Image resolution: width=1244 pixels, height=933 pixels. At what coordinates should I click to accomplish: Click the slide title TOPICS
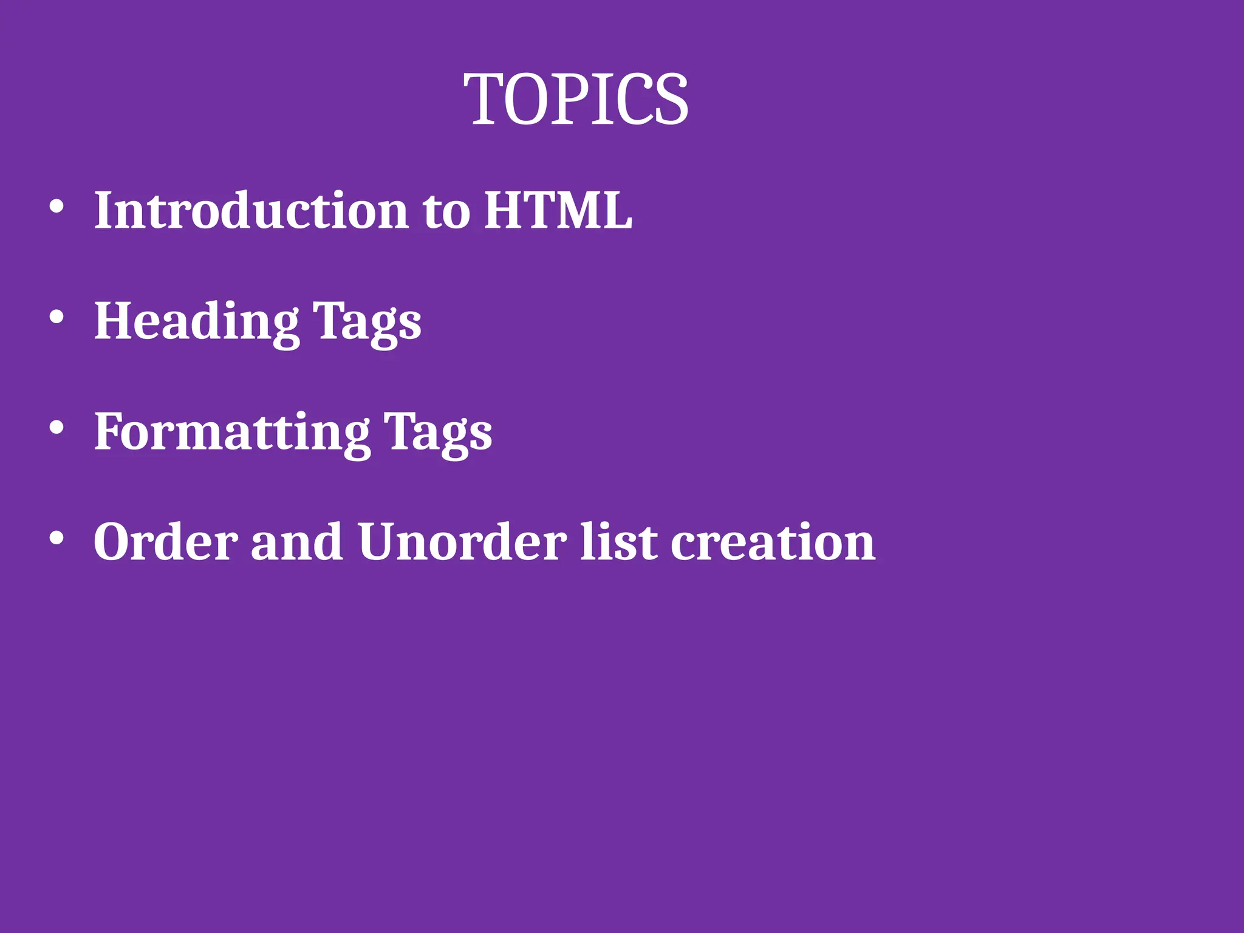(x=576, y=99)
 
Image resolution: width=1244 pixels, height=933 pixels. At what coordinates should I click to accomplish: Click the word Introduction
(x=251, y=210)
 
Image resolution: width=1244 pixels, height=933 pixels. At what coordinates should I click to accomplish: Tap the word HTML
(x=558, y=210)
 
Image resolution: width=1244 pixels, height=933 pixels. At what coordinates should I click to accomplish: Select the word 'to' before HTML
(x=446, y=213)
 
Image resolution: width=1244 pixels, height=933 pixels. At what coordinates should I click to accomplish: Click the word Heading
(x=196, y=321)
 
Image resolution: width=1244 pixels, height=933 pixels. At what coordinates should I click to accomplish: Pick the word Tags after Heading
(x=367, y=324)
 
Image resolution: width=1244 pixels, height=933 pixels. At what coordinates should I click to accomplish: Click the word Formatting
(x=231, y=432)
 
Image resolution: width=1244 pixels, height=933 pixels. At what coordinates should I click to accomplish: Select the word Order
(x=165, y=542)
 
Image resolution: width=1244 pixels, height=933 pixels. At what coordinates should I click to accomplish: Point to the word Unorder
(x=462, y=542)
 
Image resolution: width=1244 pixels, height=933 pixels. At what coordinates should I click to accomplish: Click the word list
(x=618, y=542)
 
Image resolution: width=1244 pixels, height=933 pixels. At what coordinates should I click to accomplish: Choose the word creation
(x=773, y=542)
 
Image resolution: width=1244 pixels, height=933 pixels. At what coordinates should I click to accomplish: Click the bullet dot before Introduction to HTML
(x=56, y=207)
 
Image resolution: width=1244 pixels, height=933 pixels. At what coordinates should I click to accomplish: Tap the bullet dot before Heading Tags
(x=56, y=317)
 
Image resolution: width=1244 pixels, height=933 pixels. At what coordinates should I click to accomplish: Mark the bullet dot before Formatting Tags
(x=56, y=428)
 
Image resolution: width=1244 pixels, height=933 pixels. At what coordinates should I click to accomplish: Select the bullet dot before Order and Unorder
(x=56, y=538)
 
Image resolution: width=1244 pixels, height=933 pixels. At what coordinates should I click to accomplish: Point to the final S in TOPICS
(x=671, y=99)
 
